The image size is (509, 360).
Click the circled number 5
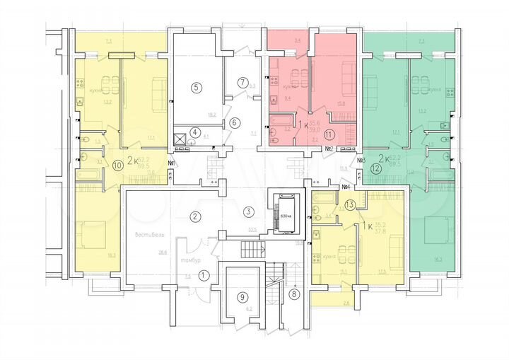coord(197,87)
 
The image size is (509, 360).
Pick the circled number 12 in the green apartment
coord(375,168)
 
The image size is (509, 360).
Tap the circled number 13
coord(351,205)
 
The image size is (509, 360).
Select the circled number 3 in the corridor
coord(248,211)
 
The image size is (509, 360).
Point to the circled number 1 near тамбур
coord(204,275)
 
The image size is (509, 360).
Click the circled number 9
coord(242,296)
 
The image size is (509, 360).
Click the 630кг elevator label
coord(286,215)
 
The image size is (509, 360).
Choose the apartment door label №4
coord(346,187)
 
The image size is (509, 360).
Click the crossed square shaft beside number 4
coord(180,139)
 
